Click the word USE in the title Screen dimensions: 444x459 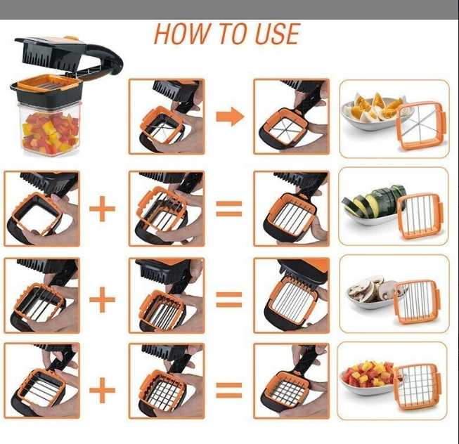point(274,34)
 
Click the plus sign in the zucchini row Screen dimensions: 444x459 point(103,209)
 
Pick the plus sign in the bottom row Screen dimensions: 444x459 point(103,387)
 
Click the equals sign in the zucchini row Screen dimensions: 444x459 point(228,209)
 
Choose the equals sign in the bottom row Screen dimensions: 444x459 point(228,387)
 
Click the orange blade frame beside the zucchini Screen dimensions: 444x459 point(420,215)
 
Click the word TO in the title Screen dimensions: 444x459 point(226,34)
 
